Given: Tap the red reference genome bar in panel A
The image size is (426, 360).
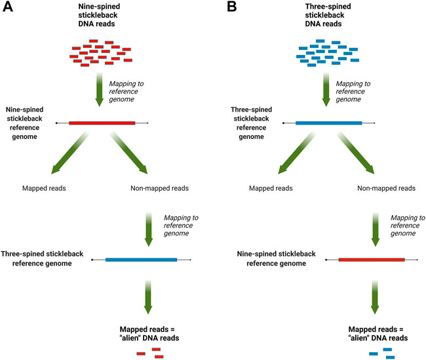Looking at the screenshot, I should [x=102, y=123].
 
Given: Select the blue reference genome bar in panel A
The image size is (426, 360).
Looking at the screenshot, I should [x=141, y=260].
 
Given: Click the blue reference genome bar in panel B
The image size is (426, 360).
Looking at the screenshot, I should [x=328, y=123].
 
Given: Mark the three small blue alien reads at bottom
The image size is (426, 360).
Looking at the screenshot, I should [x=381, y=353].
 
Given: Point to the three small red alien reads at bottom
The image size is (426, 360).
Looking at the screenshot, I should [x=150, y=353].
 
